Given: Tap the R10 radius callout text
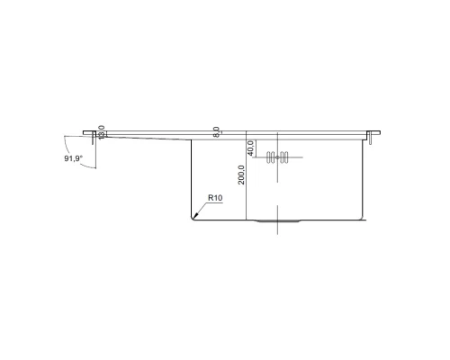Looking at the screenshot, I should tap(215, 197).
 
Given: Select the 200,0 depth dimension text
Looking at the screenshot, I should tap(239, 174).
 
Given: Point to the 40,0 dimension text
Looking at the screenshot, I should tap(253, 148).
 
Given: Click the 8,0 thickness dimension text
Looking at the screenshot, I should tap(217, 132).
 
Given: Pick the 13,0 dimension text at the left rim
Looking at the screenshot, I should tap(101, 131).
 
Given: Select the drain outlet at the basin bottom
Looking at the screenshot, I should tap(275, 220).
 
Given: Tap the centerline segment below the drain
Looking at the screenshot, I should tap(277, 229).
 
